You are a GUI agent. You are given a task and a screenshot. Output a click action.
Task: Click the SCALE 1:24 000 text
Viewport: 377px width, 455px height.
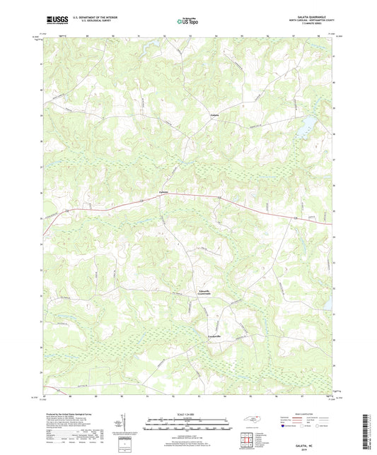point(187,413)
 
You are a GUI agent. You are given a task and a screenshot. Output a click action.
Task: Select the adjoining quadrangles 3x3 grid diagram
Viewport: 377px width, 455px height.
point(246,442)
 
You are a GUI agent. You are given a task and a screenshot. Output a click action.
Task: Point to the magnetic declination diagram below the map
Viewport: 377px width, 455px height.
point(124,426)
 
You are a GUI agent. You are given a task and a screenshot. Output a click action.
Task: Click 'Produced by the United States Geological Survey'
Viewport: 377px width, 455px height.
point(71,413)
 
